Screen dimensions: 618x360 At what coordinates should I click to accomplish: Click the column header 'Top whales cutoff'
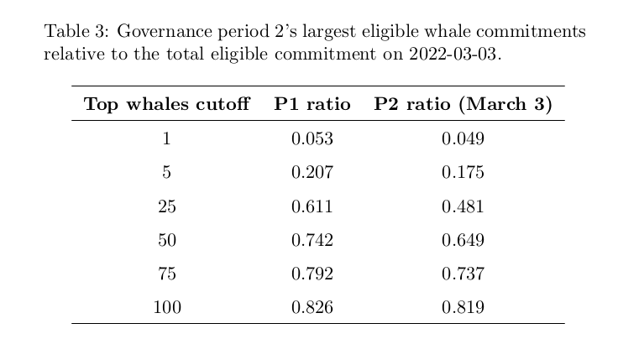[167, 104]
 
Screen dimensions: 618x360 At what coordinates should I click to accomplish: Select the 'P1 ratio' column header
[312, 104]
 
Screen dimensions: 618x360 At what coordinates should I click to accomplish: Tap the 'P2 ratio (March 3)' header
[463, 104]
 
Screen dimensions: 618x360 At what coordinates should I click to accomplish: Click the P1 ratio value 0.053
[312, 138]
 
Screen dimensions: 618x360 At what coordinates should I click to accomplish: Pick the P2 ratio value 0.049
[463, 138]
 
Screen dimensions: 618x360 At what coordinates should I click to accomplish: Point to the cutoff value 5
[166, 173]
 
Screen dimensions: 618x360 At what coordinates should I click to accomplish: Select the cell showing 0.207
[312, 173]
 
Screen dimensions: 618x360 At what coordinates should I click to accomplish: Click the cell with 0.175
[463, 173]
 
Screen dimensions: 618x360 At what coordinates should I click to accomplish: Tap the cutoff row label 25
[167, 206]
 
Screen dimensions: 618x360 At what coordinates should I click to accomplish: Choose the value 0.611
[312, 206]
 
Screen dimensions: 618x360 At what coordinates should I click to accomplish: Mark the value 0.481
[463, 206]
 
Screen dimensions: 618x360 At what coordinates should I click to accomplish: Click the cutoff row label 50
[167, 240]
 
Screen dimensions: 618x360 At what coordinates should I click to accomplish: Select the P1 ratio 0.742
[312, 240]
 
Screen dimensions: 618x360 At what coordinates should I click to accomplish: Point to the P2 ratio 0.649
[463, 240]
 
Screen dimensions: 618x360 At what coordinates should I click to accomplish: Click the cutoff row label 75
[167, 274]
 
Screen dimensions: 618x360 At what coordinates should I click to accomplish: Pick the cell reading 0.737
[463, 274]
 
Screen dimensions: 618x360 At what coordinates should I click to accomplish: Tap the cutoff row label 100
[167, 308]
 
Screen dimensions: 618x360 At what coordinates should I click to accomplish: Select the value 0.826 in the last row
[312, 308]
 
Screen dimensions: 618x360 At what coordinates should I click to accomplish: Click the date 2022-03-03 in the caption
[453, 54]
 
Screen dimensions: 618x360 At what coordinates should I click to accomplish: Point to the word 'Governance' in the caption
[165, 31]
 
